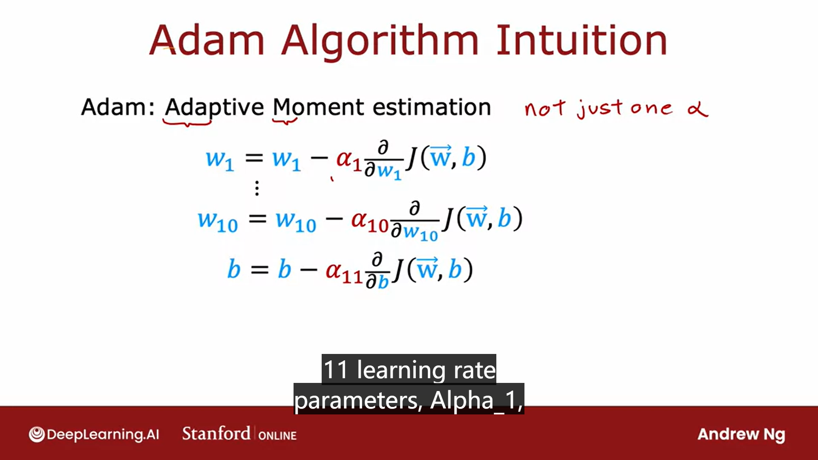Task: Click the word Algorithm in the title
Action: (x=380, y=42)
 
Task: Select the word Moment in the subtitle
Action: (x=319, y=107)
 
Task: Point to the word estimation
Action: (x=432, y=107)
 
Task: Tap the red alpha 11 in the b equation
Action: (x=344, y=273)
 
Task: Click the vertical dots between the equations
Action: (x=257, y=188)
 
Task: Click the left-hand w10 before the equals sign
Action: (x=218, y=221)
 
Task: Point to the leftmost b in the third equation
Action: (x=234, y=269)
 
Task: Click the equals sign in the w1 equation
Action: (x=254, y=158)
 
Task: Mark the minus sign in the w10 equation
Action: (x=334, y=219)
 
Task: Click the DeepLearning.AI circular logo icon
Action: (x=37, y=434)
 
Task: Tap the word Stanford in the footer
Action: (x=216, y=434)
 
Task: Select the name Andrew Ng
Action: (x=741, y=435)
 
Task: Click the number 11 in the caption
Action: (x=336, y=370)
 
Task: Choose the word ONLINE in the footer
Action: (x=277, y=436)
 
